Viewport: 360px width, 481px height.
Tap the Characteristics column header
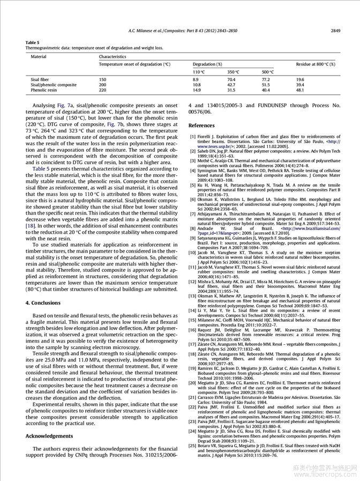click(112, 56)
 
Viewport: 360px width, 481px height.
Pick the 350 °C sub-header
click(232, 72)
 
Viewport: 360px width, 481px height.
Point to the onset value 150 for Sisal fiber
click(102, 79)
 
